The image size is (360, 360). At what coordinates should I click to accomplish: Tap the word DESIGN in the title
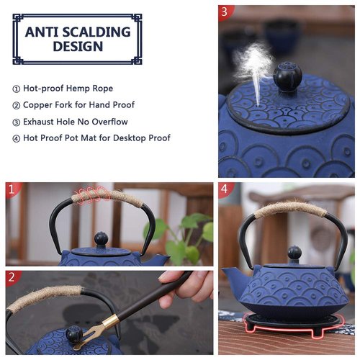tap(77, 48)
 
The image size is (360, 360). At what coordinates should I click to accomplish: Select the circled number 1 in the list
tap(16, 89)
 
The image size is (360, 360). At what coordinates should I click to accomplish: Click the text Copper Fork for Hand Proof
tap(78, 105)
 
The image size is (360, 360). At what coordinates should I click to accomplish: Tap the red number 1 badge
tap(11, 189)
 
